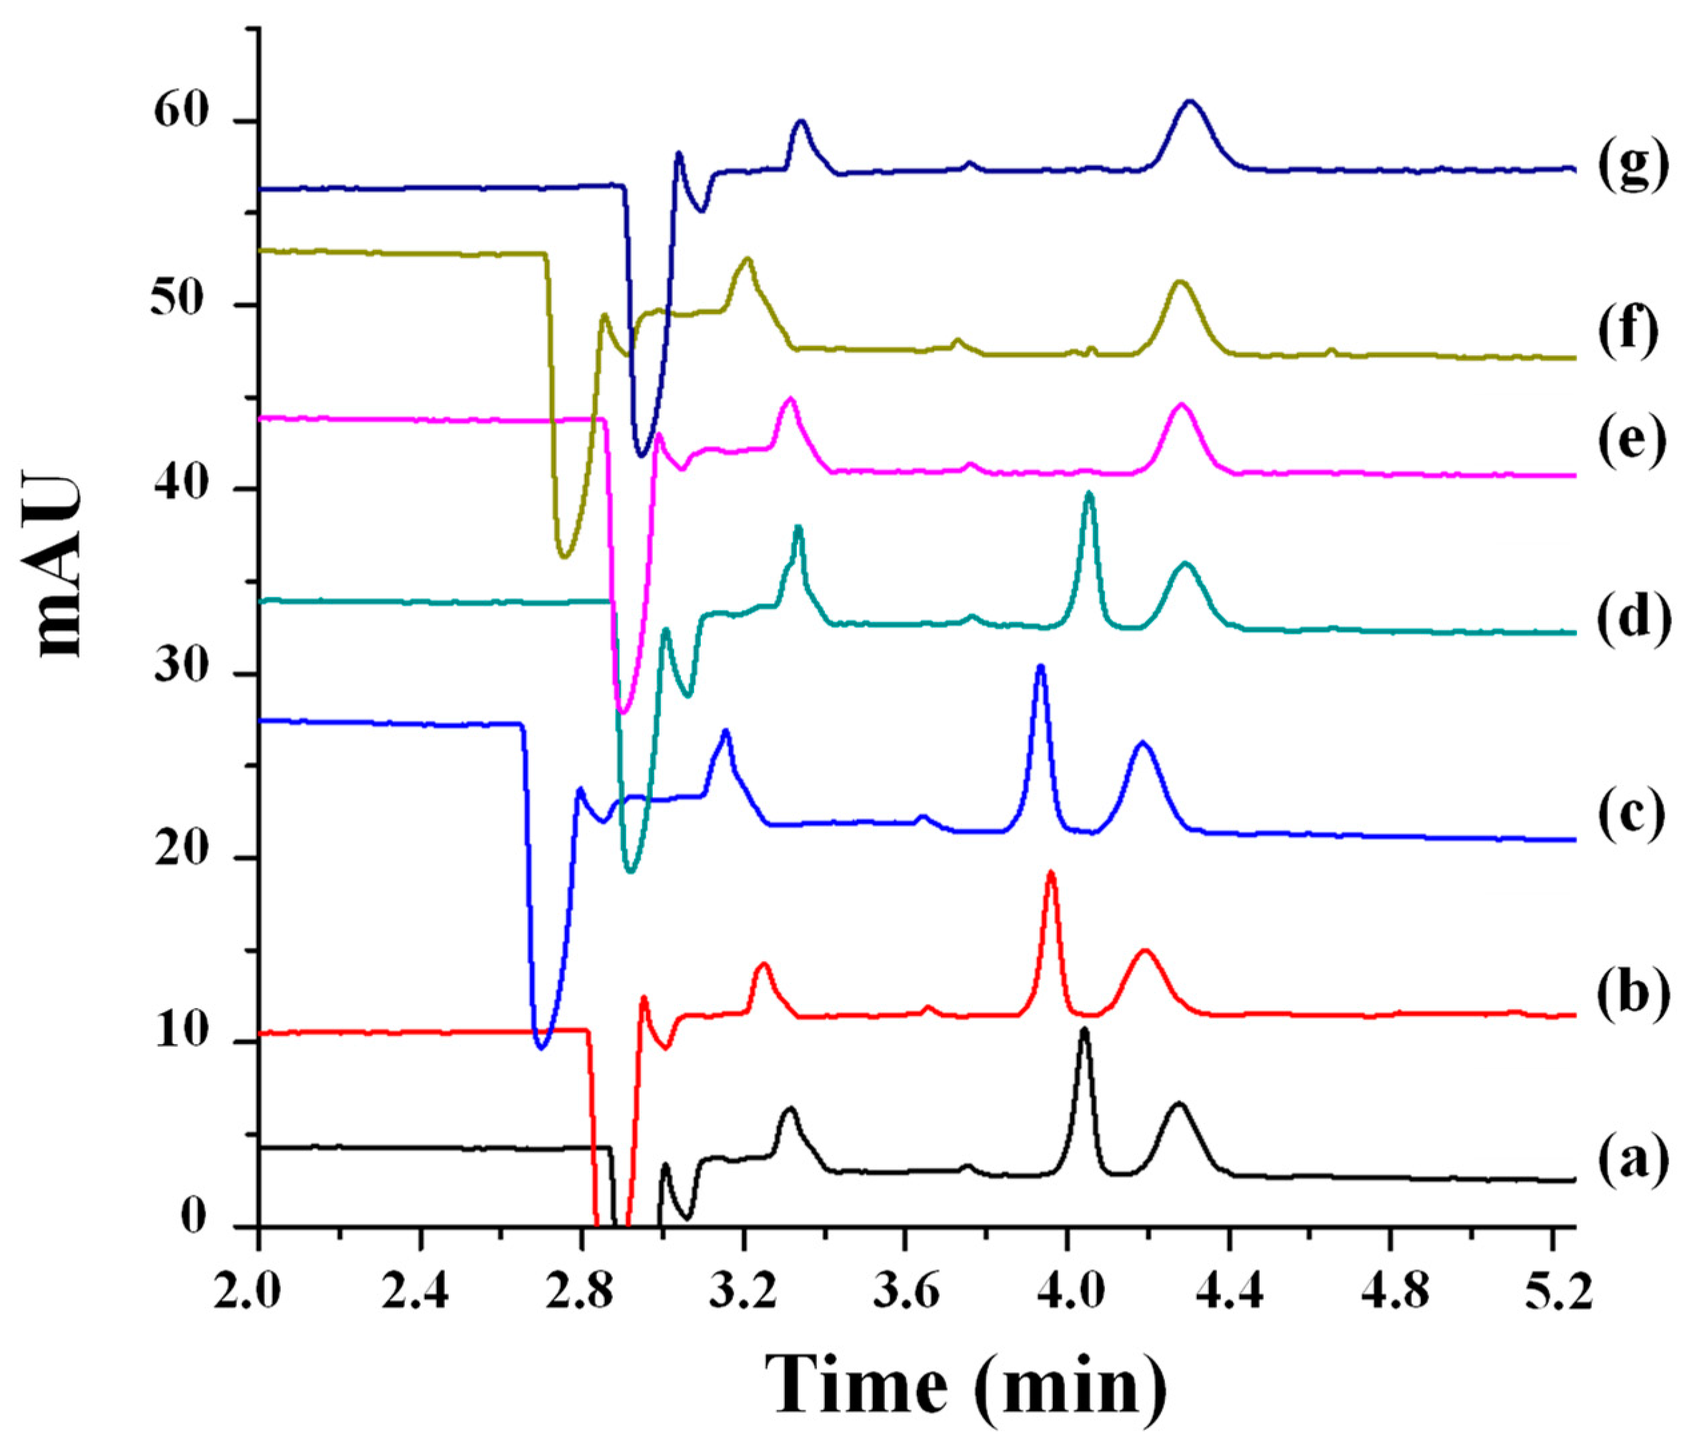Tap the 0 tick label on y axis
[x=193, y=1220]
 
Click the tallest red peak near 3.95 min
[x=1051, y=873]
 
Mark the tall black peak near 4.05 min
[x=1085, y=1031]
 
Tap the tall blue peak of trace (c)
[x=1041, y=667]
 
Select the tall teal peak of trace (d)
[x=1089, y=494]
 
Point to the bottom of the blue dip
[x=541, y=1047]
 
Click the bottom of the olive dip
[x=563, y=556]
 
